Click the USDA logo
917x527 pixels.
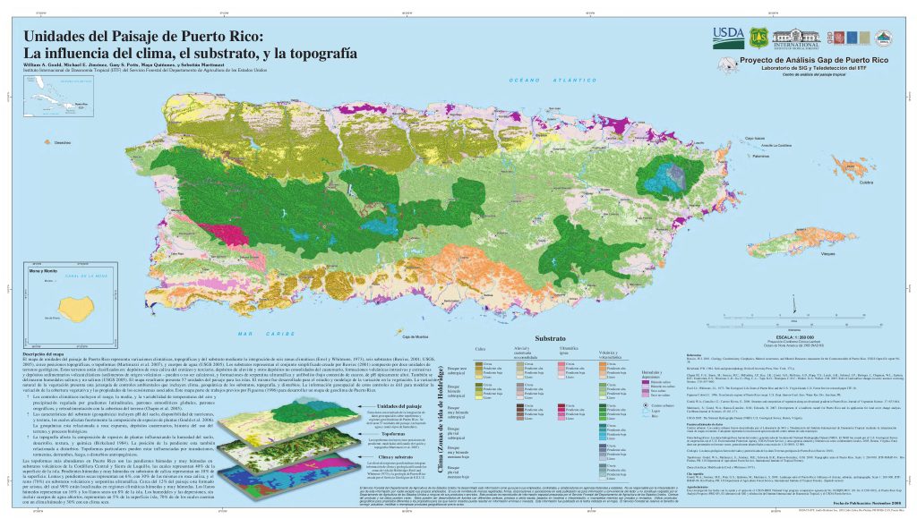pyautogui.click(x=726, y=35)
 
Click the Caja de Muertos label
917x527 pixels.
pyautogui.click(x=416, y=336)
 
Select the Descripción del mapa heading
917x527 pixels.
pyautogui.click(x=43, y=354)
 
